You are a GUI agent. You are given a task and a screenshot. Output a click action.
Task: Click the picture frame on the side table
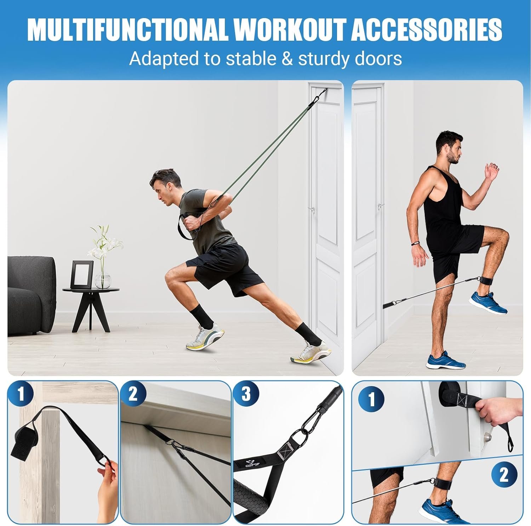tap(82, 275)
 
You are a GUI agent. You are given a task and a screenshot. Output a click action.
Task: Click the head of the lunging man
tap(164, 187)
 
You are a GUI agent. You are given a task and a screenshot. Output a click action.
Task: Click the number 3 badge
tap(246, 394)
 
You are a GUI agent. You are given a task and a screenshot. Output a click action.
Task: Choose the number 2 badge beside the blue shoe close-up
tap(504, 475)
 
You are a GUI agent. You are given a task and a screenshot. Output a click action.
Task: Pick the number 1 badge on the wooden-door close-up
tap(21, 394)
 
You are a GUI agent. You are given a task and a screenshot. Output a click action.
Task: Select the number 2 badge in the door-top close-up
tap(133, 394)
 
